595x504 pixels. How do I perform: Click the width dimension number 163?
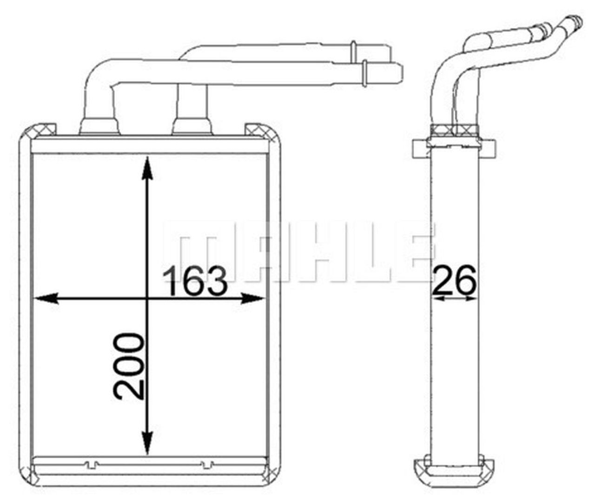click(196, 281)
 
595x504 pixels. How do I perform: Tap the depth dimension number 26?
click(455, 280)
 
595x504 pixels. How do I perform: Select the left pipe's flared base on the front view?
click(99, 126)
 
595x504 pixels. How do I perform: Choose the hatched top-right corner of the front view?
click(255, 130)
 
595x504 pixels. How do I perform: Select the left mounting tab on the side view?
click(420, 148)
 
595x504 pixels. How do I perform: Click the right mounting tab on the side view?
click(489, 148)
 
